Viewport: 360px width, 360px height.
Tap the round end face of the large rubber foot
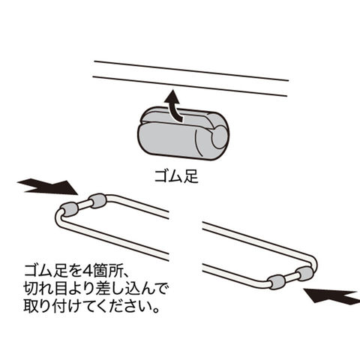(220, 136)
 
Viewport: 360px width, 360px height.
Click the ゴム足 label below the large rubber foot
(176, 176)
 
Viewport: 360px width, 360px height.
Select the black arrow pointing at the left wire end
(47, 187)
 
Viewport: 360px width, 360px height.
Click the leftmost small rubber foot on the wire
(70, 209)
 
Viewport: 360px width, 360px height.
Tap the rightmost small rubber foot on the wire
(304, 273)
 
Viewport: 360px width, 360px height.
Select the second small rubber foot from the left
(98, 200)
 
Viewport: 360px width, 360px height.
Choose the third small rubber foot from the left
(277, 282)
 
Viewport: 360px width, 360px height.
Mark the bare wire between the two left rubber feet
(84, 205)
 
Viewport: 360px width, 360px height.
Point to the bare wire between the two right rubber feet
(290, 277)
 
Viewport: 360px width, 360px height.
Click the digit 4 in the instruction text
(88, 271)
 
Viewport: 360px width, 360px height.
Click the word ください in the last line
(124, 307)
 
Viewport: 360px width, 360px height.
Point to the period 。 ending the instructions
(156, 310)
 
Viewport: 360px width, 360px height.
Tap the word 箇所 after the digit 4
(107, 271)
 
